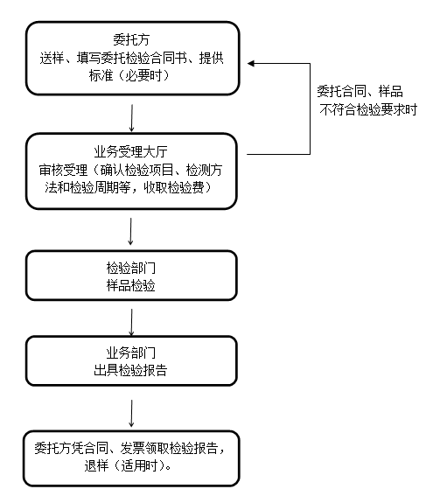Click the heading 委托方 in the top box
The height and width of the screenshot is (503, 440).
tap(131, 39)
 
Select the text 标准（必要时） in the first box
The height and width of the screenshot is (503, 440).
tap(129, 76)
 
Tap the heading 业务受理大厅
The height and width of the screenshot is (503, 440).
tap(131, 151)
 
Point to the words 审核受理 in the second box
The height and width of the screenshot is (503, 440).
tap(63, 170)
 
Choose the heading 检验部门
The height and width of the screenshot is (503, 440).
tap(131, 268)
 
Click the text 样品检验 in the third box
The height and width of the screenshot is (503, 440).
tap(131, 285)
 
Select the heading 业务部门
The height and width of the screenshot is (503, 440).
tap(131, 353)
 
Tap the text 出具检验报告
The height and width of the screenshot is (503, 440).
tap(130, 370)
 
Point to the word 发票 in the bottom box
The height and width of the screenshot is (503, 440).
tap(132, 448)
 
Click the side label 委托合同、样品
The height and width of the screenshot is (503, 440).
tap(360, 92)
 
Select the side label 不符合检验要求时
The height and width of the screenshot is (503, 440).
tap(368, 109)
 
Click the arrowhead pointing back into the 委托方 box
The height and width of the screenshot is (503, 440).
tap(250, 64)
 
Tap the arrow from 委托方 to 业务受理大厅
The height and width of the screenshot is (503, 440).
tap(131, 118)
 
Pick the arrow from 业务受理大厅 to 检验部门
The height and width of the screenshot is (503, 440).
tap(130, 231)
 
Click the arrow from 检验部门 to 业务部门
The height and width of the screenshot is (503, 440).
tap(131, 323)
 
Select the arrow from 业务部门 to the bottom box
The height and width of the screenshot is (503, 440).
tap(131, 413)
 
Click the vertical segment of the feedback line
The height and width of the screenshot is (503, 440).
tap(311, 108)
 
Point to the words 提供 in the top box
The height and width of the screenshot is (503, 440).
tap(212, 58)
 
